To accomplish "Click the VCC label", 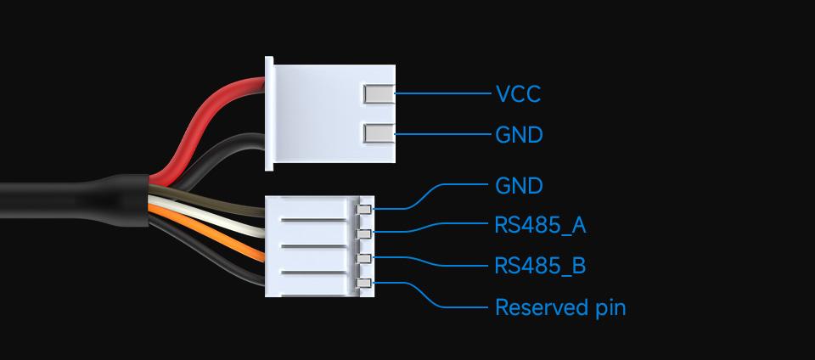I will coord(517,93).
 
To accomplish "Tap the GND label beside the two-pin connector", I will coord(518,135).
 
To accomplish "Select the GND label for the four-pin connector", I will coord(518,186).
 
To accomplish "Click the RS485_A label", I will coord(540,226).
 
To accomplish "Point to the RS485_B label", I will coord(540,266).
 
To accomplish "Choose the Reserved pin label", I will coord(559,307).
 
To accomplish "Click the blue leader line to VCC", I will coord(441,93).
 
